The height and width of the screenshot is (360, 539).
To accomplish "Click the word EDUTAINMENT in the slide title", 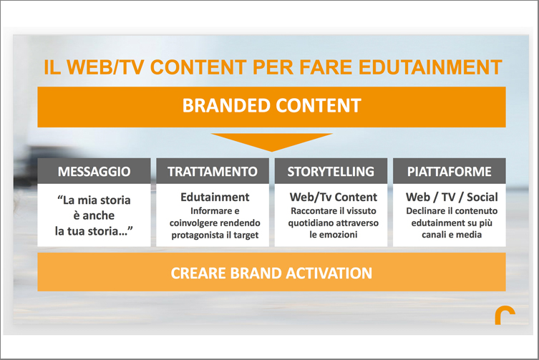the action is point(430,67).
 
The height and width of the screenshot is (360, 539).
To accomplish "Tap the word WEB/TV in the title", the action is point(105,67).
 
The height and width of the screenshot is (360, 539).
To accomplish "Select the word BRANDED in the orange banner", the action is point(226,105).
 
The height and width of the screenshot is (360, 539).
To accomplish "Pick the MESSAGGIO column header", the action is point(94,171).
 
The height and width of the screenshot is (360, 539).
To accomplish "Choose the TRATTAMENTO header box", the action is point(213,171).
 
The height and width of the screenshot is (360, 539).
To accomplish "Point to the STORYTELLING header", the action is point(331,171).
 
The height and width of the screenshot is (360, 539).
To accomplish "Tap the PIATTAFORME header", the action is point(450,171).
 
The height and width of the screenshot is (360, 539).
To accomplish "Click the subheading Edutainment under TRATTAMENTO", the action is point(215,197).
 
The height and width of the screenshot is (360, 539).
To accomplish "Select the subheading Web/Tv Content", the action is point(333,197).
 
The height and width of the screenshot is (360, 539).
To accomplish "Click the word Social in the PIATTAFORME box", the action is point(482,197).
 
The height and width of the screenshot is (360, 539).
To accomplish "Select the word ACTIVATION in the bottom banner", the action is point(329,273).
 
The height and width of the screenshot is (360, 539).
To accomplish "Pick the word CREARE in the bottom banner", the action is point(198,273).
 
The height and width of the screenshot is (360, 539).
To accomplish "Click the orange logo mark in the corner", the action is point(505,316).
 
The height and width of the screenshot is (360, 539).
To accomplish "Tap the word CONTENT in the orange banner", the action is point(319,105).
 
